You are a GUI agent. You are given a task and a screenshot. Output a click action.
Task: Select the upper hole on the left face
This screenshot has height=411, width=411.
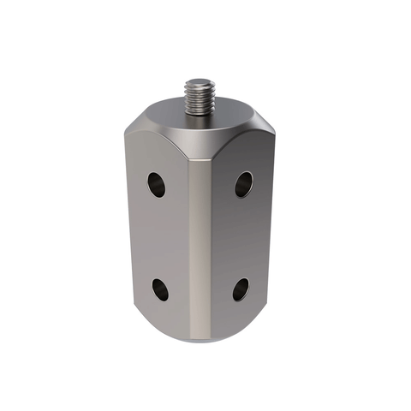point(156,183)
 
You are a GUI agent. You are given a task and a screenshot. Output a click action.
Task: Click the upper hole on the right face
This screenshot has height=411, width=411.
point(244,182)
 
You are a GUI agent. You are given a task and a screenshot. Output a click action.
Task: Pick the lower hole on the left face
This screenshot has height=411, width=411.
point(160,289)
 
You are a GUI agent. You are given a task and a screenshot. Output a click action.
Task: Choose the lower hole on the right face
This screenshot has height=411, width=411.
point(241,289)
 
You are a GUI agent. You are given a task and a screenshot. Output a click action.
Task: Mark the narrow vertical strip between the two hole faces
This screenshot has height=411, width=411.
point(199,248)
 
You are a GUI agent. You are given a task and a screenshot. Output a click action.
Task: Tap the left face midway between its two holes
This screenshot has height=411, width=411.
point(158,237)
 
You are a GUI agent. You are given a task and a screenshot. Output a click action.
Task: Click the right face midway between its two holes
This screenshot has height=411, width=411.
point(242,237)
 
